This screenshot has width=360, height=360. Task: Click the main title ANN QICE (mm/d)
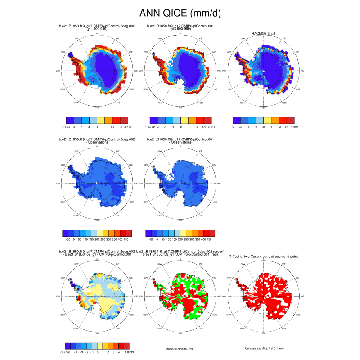[180, 13]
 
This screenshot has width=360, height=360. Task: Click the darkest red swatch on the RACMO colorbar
[290, 121]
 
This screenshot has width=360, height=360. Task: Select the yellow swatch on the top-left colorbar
[100, 121]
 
